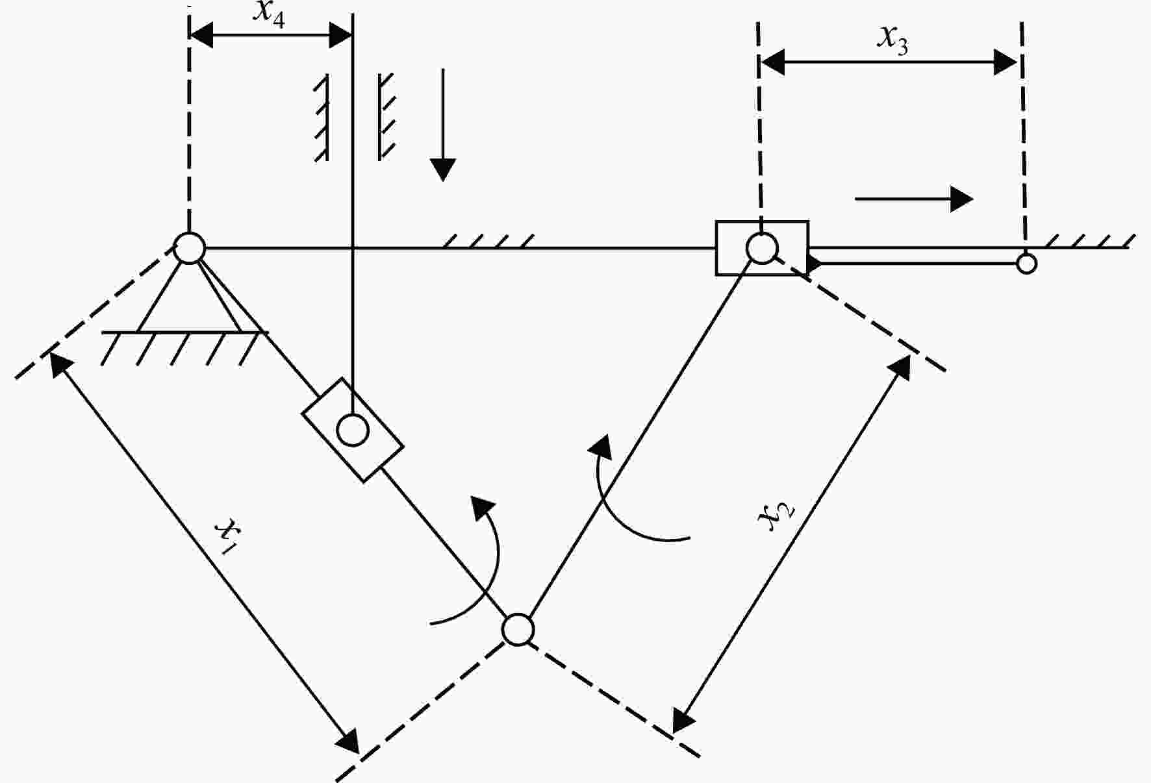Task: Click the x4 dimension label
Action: pyautogui.click(x=269, y=14)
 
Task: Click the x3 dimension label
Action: pyautogui.click(x=893, y=40)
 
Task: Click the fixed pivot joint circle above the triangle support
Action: pyautogui.click(x=190, y=248)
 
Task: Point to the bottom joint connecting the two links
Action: pyautogui.click(x=518, y=629)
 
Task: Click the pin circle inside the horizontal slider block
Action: pyautogui.click(x=762, y=248)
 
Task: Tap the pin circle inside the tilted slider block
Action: pyautogui.click(x=353, y=430)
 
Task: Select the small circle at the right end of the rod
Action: pyautogui.click(x=1026, y=264)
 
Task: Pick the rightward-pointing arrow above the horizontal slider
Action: pyautogui.click(x=914, y=199)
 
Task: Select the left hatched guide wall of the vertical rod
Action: pyautogui.click(x=322, y=117)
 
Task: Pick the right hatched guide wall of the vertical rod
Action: pyautogui.click(x=386, y=117)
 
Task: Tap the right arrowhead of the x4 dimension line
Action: pyautogui.click(x=340, y=36)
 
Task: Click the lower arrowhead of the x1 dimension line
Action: pyautogui.click(x=349, y=741)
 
